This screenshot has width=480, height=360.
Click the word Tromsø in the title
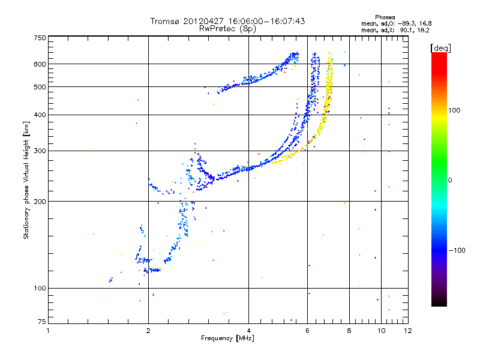coord(166,21)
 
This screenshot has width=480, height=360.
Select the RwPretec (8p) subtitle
coord(227,29)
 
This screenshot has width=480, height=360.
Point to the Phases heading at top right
coord(385,17)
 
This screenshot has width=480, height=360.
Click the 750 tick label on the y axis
coord(40,38)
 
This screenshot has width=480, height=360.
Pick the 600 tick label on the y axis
coord(40,64)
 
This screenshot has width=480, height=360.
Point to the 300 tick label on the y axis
coord(40,151)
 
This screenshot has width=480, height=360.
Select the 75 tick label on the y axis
coord(42,322)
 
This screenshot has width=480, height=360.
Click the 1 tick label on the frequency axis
coord(48,331)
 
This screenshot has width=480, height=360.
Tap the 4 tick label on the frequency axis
coord(248,331)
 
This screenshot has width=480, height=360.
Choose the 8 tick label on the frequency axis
coord(349,331)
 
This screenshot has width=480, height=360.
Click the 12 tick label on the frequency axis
coord(408,331)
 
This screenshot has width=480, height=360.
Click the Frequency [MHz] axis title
coord(227,338)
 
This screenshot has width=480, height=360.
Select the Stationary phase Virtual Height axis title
coord(26,180)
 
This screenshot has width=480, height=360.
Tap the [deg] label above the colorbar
coord(440,48)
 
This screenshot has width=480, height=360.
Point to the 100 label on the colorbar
coord(454,110)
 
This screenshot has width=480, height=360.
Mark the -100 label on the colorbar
coord(457,250)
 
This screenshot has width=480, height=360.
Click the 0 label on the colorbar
coord(450,181)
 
